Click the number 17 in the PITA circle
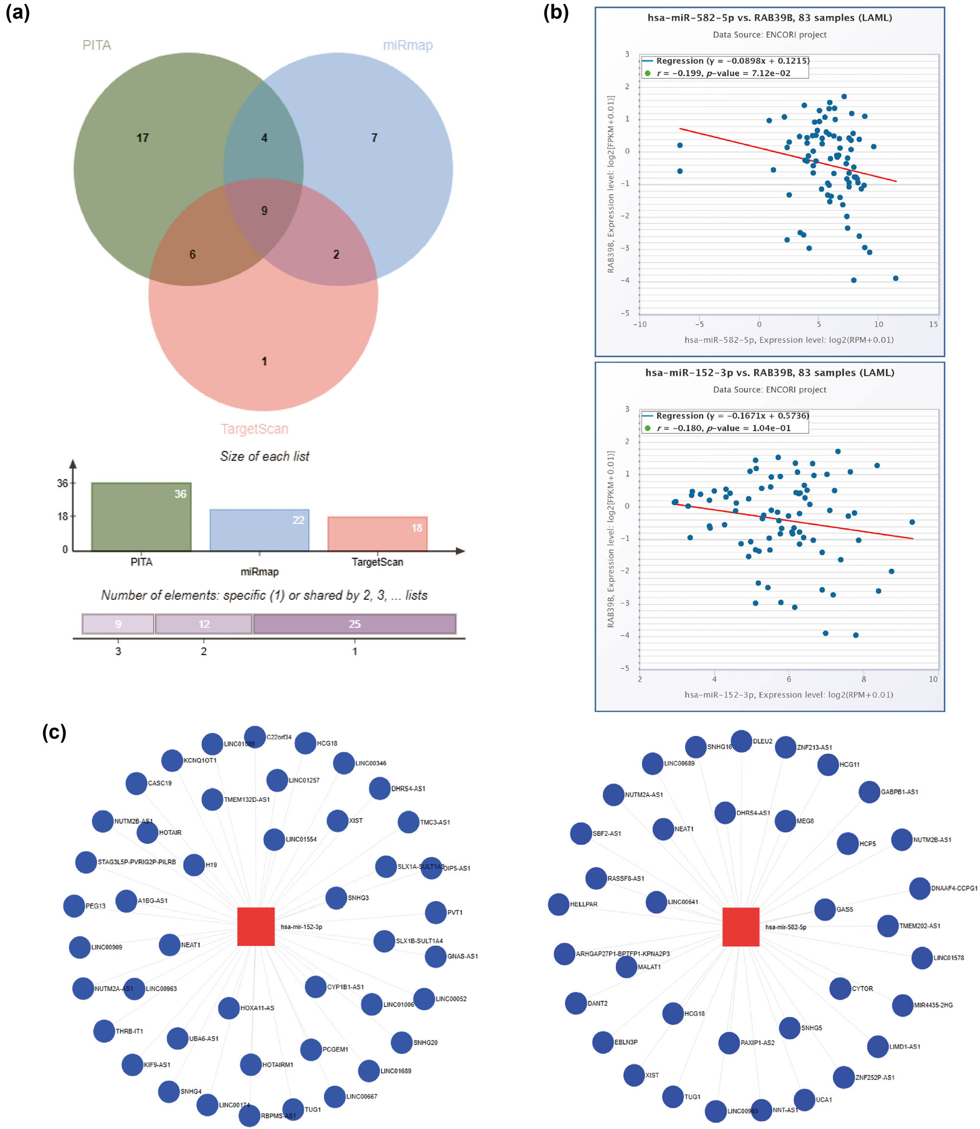pos(142,138)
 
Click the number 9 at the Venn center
pos(264,211)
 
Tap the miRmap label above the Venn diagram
pos(407,45)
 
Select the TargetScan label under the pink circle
pos(254,428)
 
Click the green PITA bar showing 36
pos(141,516)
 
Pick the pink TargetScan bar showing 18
pos(377,533)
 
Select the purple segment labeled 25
pos(354,624)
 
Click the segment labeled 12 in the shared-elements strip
pos(203,624)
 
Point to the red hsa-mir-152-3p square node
pos(256,926)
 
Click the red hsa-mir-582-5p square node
pos(740,927)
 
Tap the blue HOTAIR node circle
pos(147,833)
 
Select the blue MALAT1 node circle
pos(626,966)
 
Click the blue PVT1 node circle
pos(435,912)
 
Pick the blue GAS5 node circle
pos(825,909)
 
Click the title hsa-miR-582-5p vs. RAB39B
pos(769,18)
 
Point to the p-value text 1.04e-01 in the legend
pos(771,428)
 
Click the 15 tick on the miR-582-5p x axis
pos(933,324)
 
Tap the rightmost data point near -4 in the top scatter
pos(895,278)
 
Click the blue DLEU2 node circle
pos(741,741)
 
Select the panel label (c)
pos(54,732)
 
